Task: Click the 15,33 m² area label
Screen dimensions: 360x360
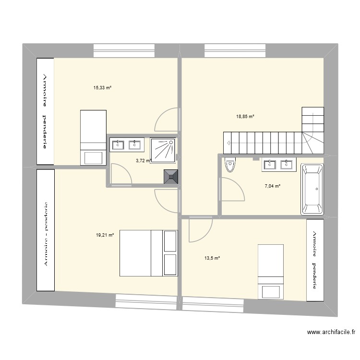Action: [x=102, y=88]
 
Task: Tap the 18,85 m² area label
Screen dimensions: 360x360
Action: [x=245, y=116]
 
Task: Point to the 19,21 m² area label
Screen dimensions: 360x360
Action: [x=105, y=235]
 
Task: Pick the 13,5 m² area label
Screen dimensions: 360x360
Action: [x=212, y=258]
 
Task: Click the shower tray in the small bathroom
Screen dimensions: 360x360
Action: [x=163, y=150]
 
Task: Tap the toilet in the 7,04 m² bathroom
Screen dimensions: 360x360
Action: [x=230, y=165]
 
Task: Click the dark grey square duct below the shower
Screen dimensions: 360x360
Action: [x=171, y=177]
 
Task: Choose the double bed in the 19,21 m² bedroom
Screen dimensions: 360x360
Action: [x=148, y=253]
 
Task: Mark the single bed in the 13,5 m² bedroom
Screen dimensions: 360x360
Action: [x=271, y=272]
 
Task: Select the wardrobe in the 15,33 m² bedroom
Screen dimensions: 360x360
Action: [x=45, y=111]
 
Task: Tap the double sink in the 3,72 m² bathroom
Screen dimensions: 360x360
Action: [x=126, y=144]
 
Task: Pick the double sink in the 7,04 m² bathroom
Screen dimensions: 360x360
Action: [x=279, y=165]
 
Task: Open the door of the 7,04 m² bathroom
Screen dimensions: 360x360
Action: [x=233, y=189]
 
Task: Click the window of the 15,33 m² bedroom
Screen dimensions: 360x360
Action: [x=124, y=50]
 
